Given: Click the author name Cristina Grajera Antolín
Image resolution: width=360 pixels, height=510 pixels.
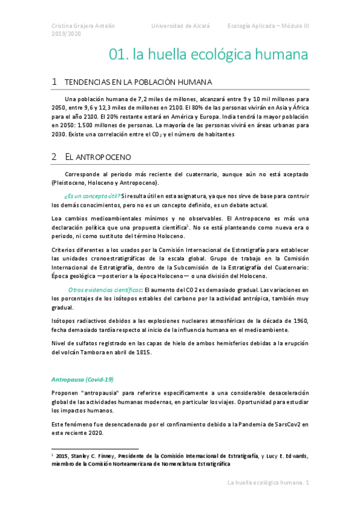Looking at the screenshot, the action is (x=84, y=26).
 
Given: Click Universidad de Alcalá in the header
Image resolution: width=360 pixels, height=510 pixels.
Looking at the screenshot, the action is (x=180, y=26).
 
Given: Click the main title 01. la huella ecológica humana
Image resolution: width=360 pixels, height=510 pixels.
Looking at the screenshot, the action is (x=209, y=55).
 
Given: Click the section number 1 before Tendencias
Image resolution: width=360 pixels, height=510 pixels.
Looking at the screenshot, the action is (x=54, y=82).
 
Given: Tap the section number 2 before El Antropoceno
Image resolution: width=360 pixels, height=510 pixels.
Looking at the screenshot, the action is (x=54, y=156).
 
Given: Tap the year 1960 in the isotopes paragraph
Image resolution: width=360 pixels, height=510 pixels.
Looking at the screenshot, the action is (x=297, y=321).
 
